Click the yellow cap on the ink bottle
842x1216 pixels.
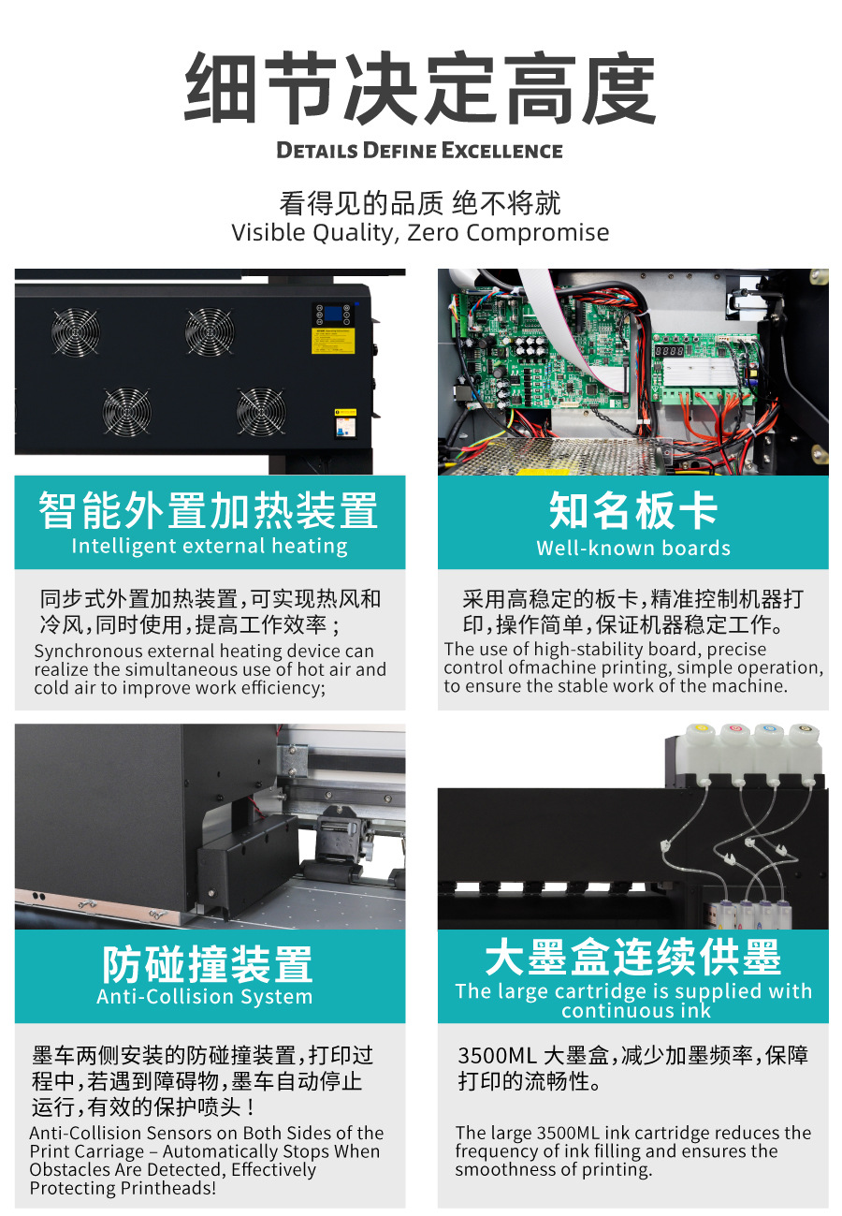(x=702, y=728)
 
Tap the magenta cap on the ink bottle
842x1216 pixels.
(x=735, y=728)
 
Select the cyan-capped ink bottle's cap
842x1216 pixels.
(x=769, y=728)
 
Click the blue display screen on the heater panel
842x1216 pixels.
(x=332, y=314)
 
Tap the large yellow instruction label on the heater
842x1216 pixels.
(x=332, y=341)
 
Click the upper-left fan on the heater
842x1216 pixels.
(x=76, y=331)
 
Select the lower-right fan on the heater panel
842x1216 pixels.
(x=261, y=411)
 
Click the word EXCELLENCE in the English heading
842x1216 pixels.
(x=501, y=151)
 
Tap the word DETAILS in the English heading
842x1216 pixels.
(x=317, y=151)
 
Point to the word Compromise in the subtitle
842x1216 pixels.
(x=537, y=233)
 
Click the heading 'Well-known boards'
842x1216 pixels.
(x=633, y=548)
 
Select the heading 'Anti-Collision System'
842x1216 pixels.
(x=205, y=996)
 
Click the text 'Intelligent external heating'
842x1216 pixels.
(x=210, y=546)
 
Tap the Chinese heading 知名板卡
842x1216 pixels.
(x=633, y=510)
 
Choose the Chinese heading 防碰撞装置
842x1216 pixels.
(x=208, y=964)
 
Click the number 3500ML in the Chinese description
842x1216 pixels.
(x=497, y=1056)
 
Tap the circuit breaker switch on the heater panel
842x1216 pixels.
(x=345, y=424)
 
